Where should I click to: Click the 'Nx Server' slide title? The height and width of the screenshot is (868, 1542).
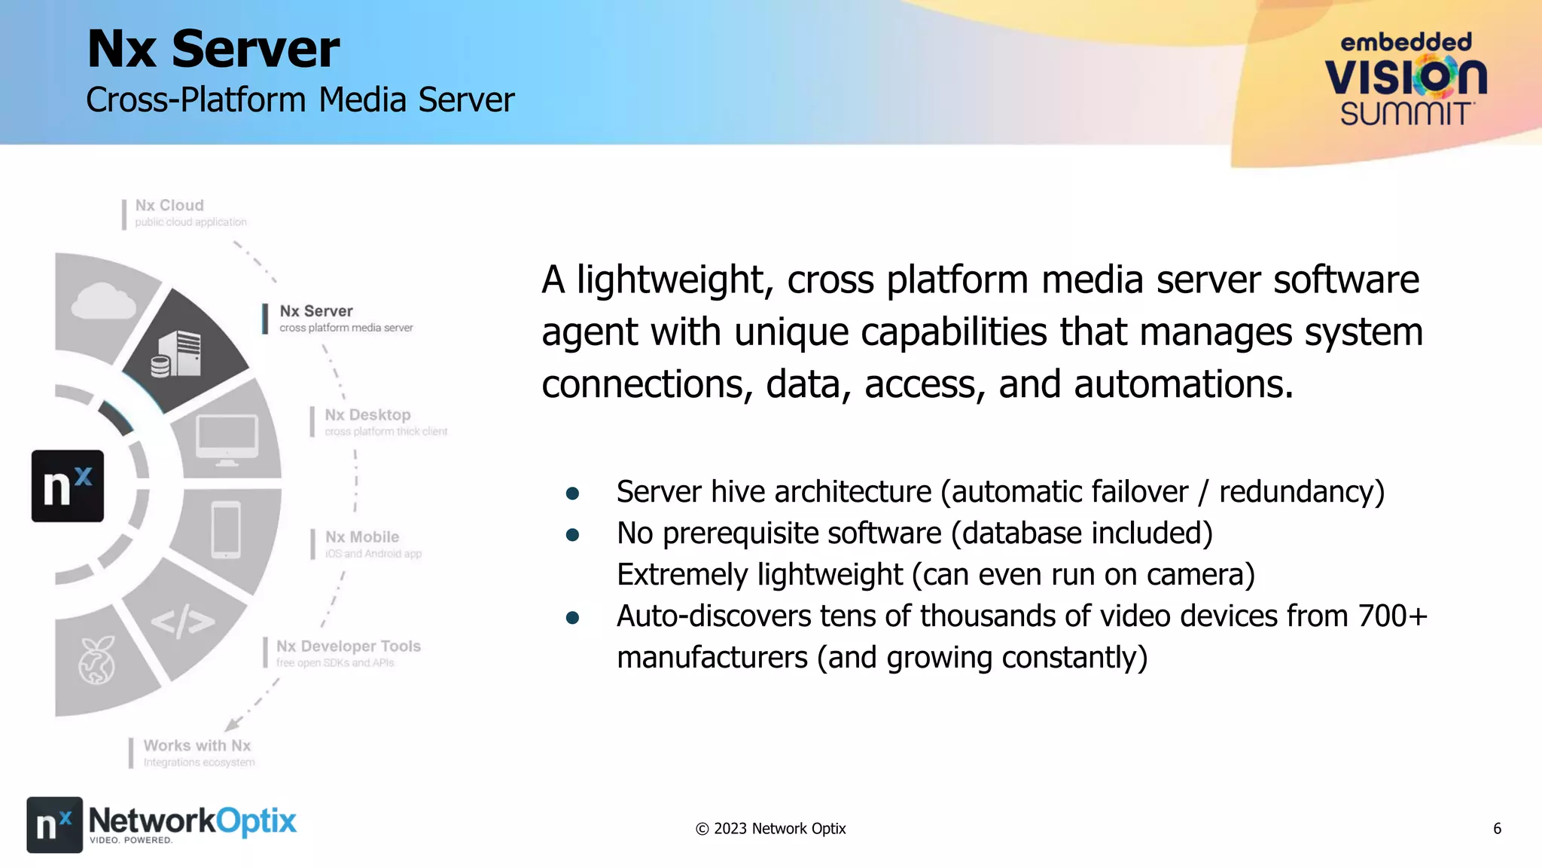213,50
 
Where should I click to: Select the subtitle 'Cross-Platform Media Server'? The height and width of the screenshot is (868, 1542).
300,100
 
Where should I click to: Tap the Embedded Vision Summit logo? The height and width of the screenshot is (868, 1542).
1406,79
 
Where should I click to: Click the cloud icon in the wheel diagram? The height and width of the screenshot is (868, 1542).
103,301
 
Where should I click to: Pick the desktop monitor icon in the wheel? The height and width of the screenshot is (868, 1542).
227,439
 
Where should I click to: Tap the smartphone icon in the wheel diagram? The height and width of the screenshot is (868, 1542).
226,530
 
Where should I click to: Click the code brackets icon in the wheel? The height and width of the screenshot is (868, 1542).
183,622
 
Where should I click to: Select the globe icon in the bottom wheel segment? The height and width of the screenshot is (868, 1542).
97,661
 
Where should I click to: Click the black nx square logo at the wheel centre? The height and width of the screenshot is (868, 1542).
68,486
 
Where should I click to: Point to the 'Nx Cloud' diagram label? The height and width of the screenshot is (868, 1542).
169,206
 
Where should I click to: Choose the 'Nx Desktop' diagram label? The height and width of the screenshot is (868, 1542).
367,415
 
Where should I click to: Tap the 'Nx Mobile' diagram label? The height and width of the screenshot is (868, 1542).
362,537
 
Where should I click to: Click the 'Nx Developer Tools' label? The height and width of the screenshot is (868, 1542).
348,646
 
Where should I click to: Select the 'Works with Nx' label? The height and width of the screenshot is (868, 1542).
197,746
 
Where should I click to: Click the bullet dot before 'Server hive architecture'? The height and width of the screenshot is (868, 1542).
572,494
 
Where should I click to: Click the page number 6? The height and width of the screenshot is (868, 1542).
1497,829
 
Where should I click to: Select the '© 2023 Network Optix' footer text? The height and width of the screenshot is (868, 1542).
770,829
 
